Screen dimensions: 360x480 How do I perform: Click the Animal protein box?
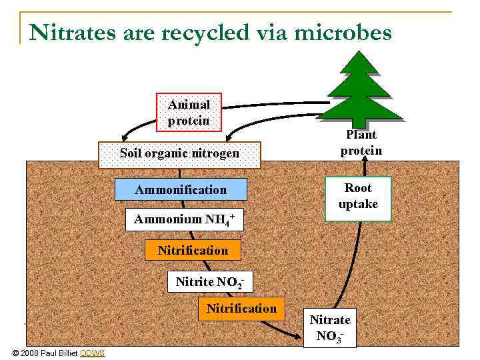click(x=189, y=113)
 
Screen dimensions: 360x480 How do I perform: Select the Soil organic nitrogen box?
click(x=179, y=154)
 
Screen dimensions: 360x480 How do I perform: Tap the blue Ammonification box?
click(x=181, y=190)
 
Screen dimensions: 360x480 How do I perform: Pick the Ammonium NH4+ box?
click(x=185, y=219)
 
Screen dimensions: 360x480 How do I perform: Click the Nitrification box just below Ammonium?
click(x=193, y=251)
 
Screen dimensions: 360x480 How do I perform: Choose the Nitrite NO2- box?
click(x=209, y=281)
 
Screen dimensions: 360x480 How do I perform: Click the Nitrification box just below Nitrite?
click(x=241, y=309)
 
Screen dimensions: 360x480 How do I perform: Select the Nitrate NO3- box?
click(x=329, y=328)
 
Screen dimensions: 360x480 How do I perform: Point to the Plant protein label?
click(x=361, y=143)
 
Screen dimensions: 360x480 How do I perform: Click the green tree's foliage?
click(x=361, y=87)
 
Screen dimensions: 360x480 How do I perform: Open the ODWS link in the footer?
click(x=92, y=353)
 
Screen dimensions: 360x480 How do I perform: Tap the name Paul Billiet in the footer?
click(x=57, y=353)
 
